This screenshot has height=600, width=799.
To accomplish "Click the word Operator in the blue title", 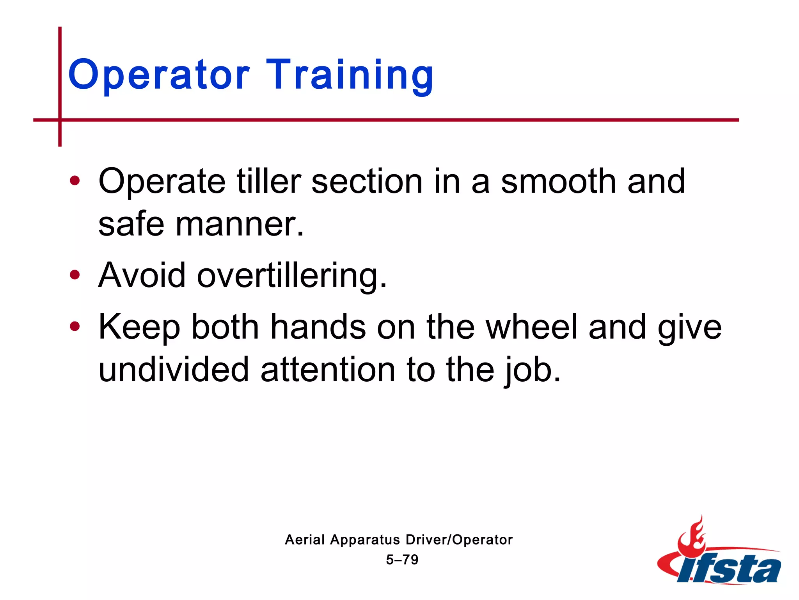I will (158, 75).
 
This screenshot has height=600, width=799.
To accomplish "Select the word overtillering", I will (292, 276).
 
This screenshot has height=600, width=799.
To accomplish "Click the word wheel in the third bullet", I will (531, 327).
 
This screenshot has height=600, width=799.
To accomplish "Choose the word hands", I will (318, 327).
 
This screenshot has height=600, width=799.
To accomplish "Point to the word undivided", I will (174, 370).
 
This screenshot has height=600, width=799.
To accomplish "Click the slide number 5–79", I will (402, 560).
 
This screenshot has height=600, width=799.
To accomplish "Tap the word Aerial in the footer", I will (305, 540).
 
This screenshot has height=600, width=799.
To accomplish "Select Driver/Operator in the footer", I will (459, 540).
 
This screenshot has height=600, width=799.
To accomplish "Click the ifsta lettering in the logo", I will (730, 570).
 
